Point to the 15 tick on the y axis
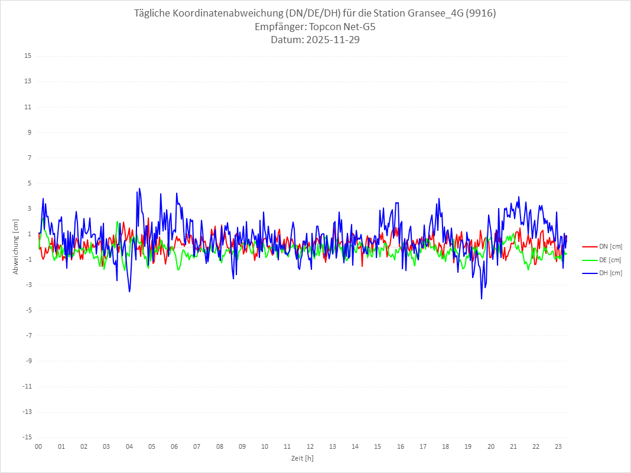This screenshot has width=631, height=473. click(x=28, y=56)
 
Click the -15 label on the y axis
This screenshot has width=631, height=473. click(x=27, y=437)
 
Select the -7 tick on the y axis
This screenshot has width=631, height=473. click(x=28, y=335)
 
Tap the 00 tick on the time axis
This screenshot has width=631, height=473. click(x=38, y=446)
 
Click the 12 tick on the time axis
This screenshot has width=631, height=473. click(x=310, y=446)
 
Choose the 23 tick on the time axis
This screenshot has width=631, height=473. click(x=558, y=446)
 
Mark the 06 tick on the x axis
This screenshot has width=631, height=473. click(x=174, y=446)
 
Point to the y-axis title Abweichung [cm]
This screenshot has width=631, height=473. click(x=16, y=246)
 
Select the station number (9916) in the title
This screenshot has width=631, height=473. click(x=481, y=14)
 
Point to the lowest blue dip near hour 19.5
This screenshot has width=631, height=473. click(x=482, y=299)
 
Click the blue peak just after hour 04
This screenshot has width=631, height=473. click(x=139, y=188)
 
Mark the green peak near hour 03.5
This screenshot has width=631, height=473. click(x=118, y=222)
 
